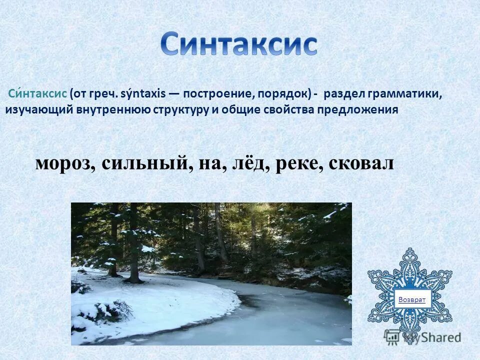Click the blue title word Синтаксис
point(239,44)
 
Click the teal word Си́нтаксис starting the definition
point(37,93)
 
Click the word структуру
point(178,110)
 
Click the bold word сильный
point(144,163)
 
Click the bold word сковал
point(361,163)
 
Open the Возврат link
point(411,299)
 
